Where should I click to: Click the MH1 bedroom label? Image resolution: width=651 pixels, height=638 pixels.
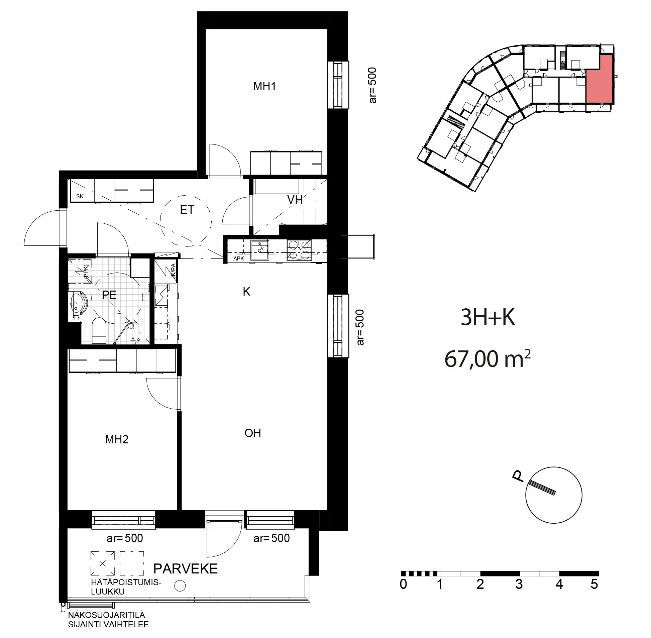click(264, 87)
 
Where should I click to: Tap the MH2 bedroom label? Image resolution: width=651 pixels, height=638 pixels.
click(117, 439)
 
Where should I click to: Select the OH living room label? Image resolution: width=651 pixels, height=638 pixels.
click(253, 433)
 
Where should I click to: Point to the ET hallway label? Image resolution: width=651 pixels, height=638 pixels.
click(187, 210)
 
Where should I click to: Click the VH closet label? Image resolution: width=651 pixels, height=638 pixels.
click(295, 200)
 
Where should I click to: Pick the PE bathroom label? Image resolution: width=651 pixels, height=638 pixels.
click(109, 295)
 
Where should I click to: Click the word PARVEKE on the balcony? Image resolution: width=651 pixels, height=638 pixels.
click(186, 569)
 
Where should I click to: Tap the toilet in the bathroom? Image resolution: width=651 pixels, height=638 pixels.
click(99, 331)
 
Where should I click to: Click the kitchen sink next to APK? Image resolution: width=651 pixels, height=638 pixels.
click(260, 250)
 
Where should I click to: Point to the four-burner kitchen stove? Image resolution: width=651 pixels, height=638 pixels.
click(299, 250)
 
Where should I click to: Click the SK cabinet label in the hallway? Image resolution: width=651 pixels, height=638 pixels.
click(80, 197)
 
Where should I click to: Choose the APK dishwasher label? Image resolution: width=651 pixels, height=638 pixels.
click(239, 258)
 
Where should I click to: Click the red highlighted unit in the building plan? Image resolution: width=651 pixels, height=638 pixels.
click(599, 79)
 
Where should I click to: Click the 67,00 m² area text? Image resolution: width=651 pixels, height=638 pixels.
click(487, 359)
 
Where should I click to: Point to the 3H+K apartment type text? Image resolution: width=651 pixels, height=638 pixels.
click(488, 318)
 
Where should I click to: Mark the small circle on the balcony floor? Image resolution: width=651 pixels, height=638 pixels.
click(180, 586)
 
